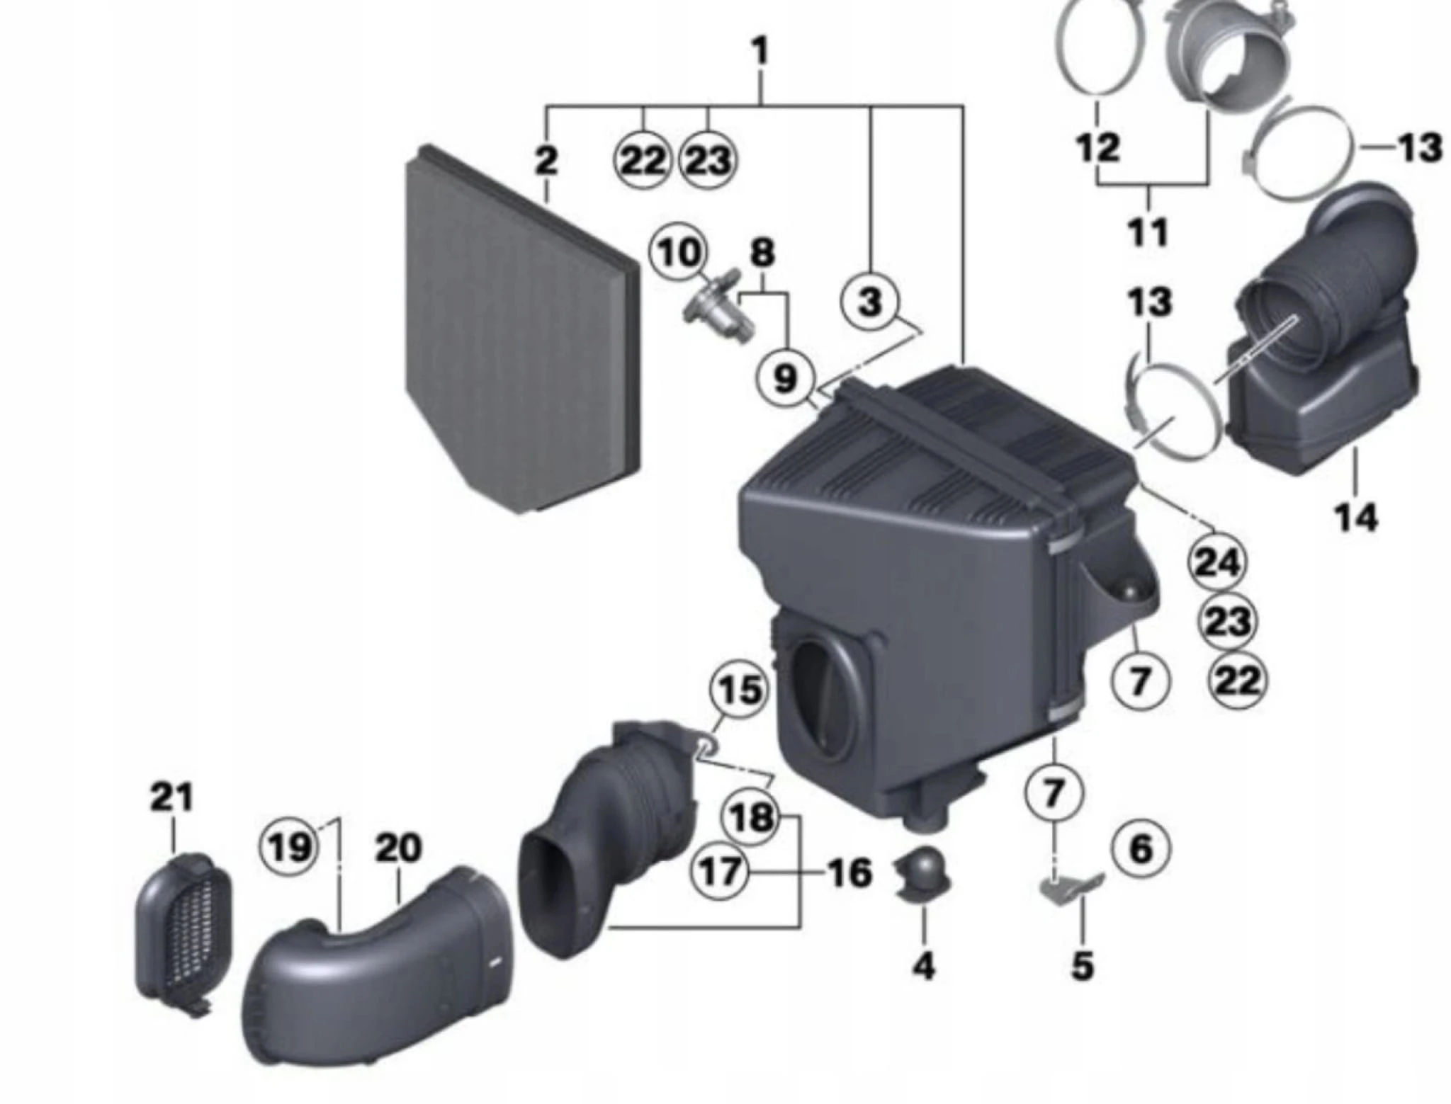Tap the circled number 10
(x=679, y=252)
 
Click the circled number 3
(x=870, y=301)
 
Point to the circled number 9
(x=784, y=379)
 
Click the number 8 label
(x=762, y=253)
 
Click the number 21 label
(x=171, y=797)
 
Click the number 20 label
(x=398, y=848)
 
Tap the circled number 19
(x=289, y=846)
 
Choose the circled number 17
(x=720, y=871)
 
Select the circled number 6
(x=1140, y=848)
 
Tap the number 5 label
(x=1082, y=964)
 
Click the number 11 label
(x=1148, y=232)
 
